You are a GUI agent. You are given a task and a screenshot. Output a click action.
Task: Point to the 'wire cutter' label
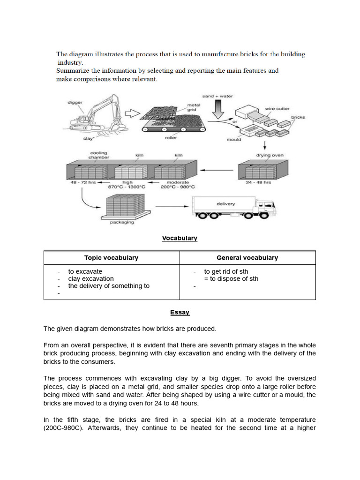pos(277,109)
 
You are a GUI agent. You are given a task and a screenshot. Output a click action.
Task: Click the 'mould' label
pos(233,139)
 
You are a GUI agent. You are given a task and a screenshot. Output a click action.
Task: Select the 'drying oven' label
pos(269,155)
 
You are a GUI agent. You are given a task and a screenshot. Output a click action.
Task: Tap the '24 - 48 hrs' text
pos(258,182)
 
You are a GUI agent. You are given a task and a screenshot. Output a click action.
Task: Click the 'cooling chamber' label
pos(98,155)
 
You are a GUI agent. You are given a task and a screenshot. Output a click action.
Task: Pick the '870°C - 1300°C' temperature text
pos(127,187)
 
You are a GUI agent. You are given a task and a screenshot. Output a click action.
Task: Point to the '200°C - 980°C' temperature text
pos(177,187)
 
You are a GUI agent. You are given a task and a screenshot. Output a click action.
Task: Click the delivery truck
pos(234,208)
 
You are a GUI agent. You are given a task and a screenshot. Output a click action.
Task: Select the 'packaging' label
pos(122,222)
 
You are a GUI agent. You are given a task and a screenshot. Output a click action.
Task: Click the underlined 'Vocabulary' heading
pos(180,238)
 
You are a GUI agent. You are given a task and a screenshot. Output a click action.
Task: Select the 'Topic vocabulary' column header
pos(111,258)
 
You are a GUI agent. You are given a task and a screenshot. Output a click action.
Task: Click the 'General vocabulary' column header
pos(247,258)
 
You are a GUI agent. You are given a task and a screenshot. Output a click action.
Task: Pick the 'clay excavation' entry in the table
pos(91,278)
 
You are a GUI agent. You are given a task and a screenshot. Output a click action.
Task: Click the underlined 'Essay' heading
pos(180,312)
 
